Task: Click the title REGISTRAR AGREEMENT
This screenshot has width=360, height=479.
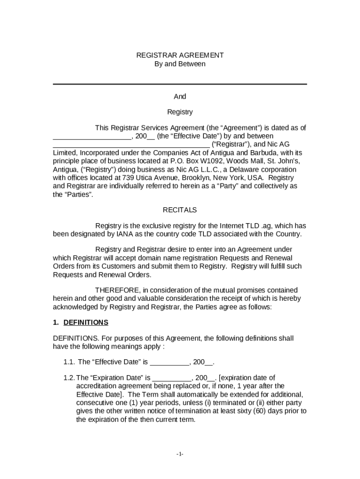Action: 180,55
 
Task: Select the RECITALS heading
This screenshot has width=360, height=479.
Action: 180,210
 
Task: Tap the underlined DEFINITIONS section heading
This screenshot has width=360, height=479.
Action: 86,322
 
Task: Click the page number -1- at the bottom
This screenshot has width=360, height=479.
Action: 180,454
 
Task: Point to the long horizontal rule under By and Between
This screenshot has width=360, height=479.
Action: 180,84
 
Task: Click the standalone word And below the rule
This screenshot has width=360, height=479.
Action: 180,96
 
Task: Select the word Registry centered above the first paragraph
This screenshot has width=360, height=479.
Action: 180,112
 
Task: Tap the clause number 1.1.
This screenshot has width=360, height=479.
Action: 69,362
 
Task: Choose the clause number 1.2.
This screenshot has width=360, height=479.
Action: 69,377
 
